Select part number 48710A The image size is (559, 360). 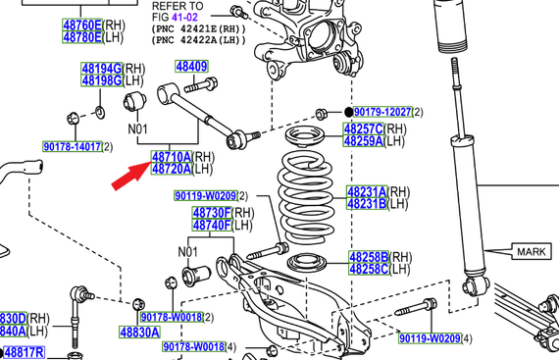coord(171,156)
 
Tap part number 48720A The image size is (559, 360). coord(171,169)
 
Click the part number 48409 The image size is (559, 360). coord(191,67)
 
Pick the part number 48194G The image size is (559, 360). coord(101,68)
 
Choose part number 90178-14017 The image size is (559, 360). coord(72,146)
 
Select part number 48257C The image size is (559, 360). coord(362,129)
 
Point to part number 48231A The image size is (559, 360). coord(367,191)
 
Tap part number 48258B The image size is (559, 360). coord(370,256)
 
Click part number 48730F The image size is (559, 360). coord(211,213)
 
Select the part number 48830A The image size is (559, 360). coord(139,333)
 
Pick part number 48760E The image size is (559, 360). coord(82,24)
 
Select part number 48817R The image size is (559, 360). coord(25,352)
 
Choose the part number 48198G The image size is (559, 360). coord(101,79)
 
